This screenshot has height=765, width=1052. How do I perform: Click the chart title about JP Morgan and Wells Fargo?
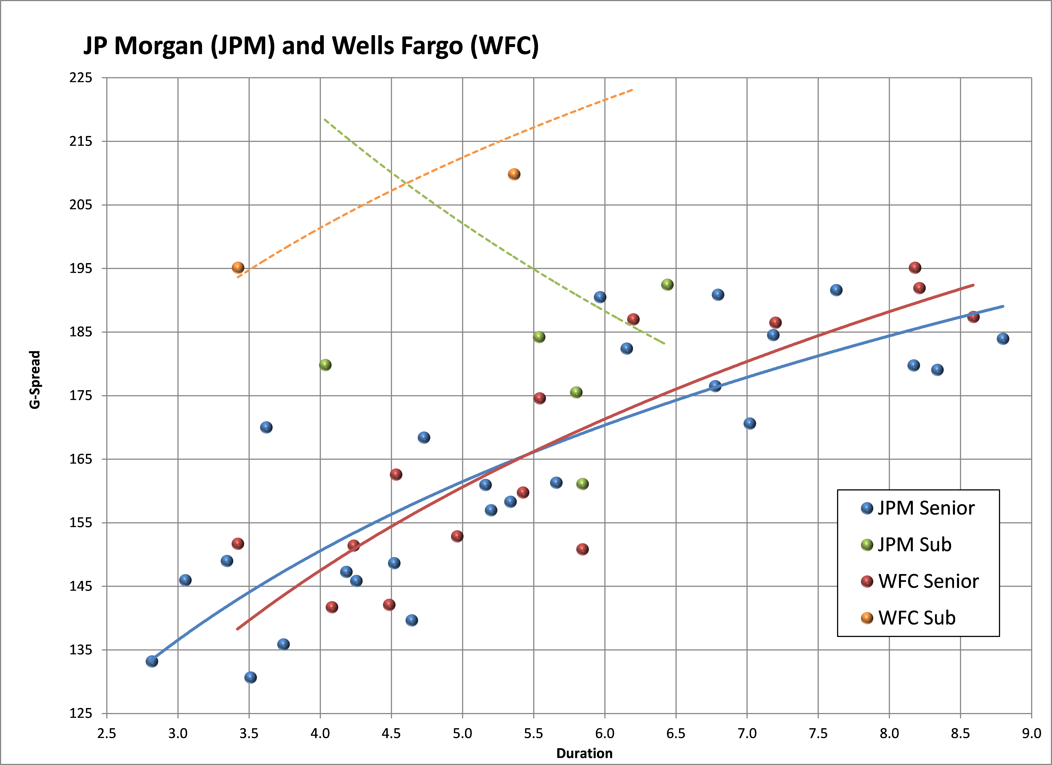pyautogui.click(x=311, y=46)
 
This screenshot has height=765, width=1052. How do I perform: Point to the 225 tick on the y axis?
pyautogui.click(x=81, y=78)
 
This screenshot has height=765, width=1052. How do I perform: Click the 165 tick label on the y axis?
pyautogui.click(x=81, y=459)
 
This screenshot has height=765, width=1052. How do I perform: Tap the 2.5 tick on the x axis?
pyautogui.click(x=107, y=733)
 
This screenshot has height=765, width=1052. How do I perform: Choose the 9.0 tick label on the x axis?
pyautogui.click(x=1031, y=733)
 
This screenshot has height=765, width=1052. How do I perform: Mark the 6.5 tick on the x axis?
pyautogui.click(x=676, y=733)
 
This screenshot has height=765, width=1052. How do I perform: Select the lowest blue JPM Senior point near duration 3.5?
pyautogui.click(x=250, y=677)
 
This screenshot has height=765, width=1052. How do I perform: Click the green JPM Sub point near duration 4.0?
pyautogui.click(x=325, y=365)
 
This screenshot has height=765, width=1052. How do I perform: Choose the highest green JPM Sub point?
pyautogui.click(x=667, y=285)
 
